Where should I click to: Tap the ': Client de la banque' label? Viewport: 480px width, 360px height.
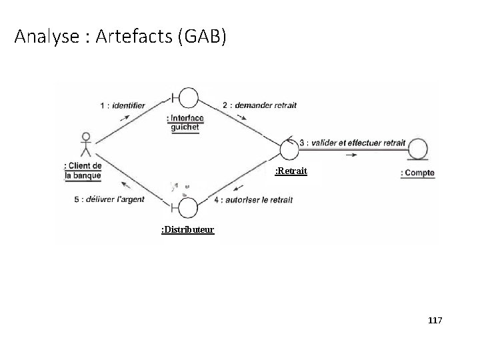[x=83, y=170]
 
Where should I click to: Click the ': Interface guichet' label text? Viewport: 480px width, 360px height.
[x=185, y=123]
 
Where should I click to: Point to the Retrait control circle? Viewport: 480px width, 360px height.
[x=290, y=146]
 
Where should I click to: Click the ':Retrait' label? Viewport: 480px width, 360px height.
[x=291, y=171]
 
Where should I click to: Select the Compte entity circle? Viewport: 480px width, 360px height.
[x=419, y=148]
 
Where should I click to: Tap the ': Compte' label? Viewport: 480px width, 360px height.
[x=417, y=173]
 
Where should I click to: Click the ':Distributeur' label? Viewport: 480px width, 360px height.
[x=187, y=230]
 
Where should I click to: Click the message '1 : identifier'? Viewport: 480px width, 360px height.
[x=123, y=105]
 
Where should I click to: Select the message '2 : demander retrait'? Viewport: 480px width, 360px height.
[x=259, y=105]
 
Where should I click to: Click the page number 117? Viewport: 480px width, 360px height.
[x=435, y=321]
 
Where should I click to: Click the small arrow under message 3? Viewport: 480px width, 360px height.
[x=351, y=155]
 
